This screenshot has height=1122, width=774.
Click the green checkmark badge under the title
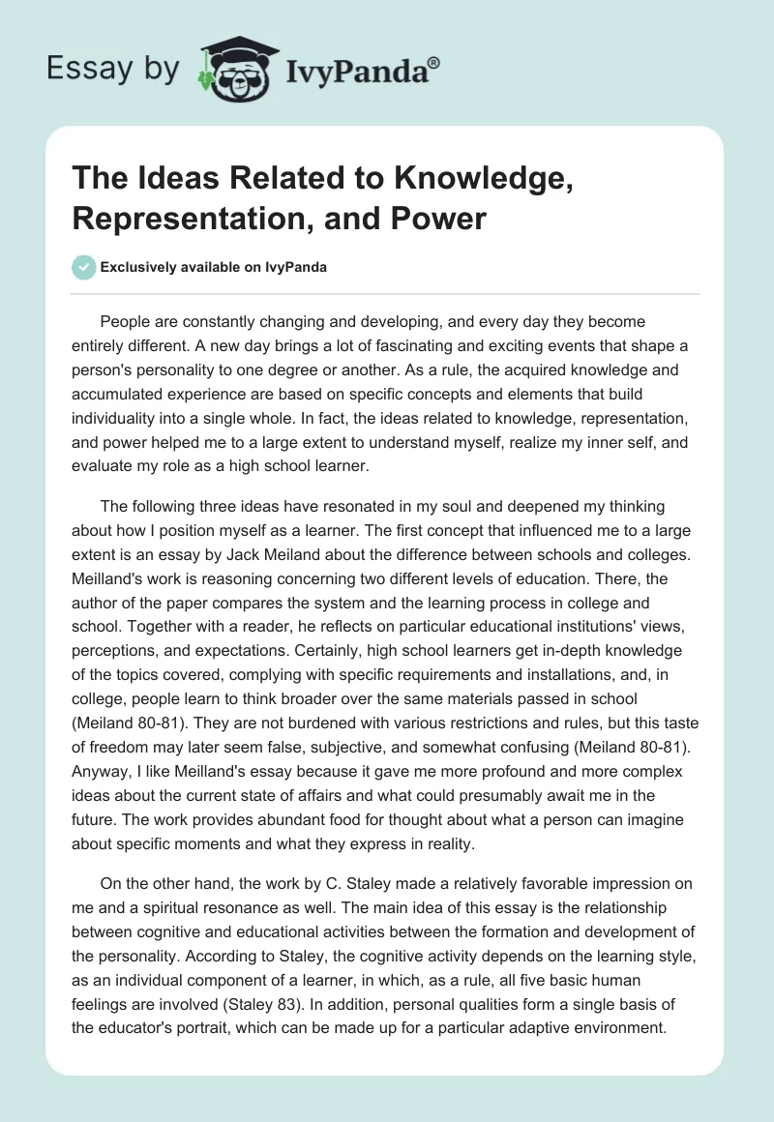84,267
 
